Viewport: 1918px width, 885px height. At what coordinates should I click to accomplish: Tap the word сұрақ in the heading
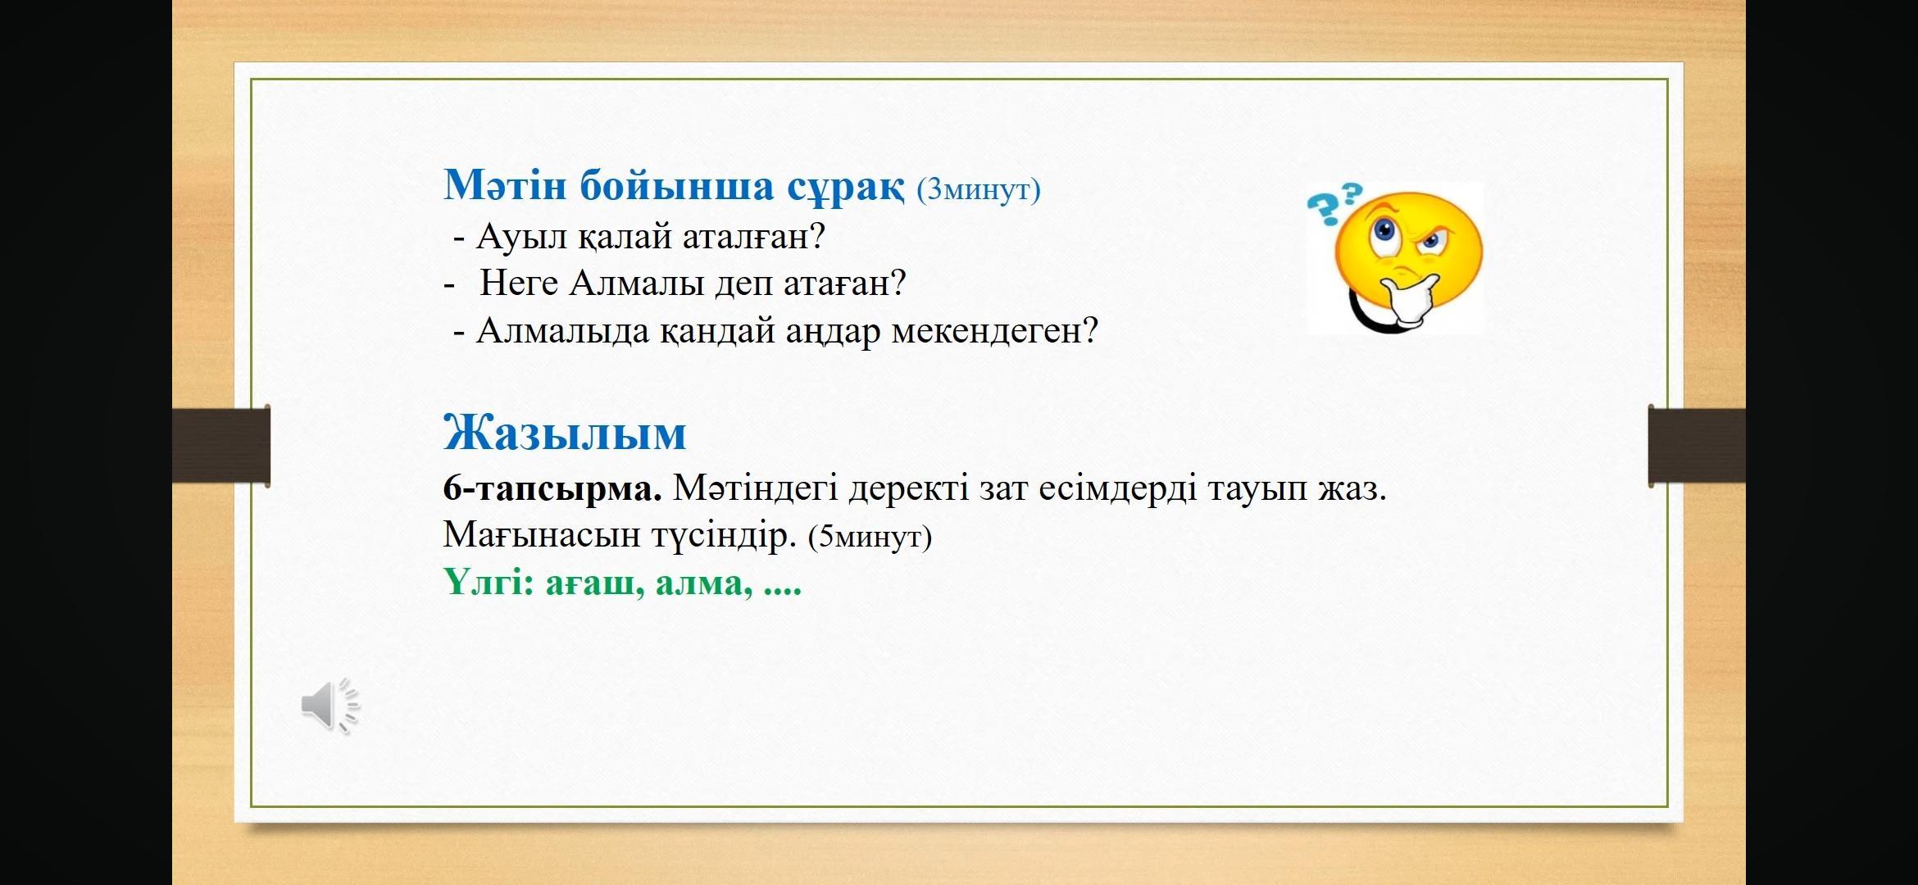coord(846,188)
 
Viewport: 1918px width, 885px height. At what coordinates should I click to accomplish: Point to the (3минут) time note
coord(979,189)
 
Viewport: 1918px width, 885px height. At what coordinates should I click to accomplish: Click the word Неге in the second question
coord(519,284)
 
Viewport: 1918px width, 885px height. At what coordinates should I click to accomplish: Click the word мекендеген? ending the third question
coord(994,332)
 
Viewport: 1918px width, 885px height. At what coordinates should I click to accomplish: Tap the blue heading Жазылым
coord(565,433)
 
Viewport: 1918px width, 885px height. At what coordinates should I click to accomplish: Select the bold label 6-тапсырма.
coord(552,490)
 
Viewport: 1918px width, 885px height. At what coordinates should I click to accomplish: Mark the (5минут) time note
coord(870,538)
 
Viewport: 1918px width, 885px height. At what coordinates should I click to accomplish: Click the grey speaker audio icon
coord(330,706)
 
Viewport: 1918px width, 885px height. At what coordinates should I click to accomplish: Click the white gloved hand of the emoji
coord(1410,302)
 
